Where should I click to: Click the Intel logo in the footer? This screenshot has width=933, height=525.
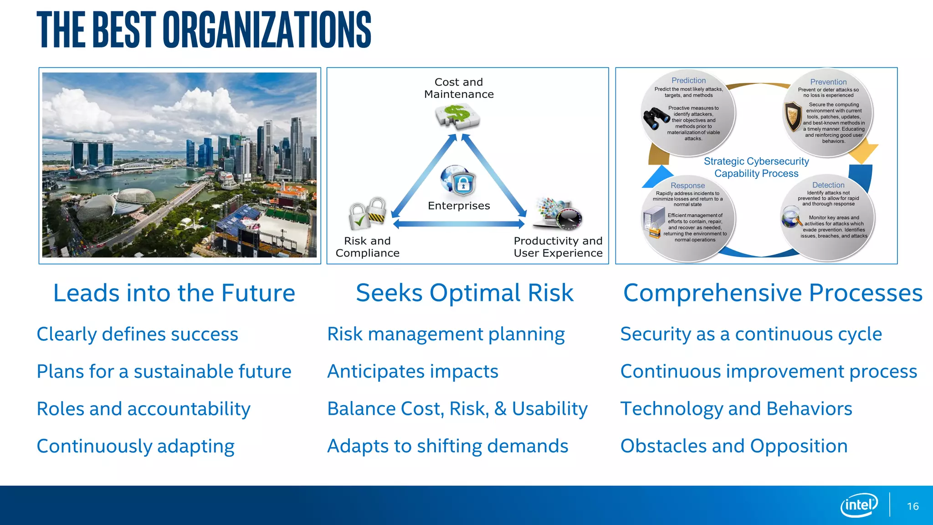coord(859,505)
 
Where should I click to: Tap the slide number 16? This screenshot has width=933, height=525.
coord(912,506)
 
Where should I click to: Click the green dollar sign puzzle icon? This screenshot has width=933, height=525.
coord(457,116)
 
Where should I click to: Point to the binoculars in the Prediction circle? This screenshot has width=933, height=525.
coord(655,118)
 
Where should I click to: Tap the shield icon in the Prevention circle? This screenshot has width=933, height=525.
coord(793,116)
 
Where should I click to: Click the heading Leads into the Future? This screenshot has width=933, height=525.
coord(174,293)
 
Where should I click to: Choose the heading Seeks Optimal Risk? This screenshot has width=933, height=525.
coord(464,293)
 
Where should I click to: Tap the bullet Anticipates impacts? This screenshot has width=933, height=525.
coord(413,371)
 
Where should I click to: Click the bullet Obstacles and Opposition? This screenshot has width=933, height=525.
coord(734,446)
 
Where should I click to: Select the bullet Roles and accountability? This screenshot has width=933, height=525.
coord(144,409)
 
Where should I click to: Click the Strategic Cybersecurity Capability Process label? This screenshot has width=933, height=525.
coord(756,167)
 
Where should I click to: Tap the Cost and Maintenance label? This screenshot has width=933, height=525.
coord(459,88)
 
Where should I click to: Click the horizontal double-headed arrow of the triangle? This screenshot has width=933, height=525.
coord(458,224)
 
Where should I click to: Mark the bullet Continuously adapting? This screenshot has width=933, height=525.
coord(135,446)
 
